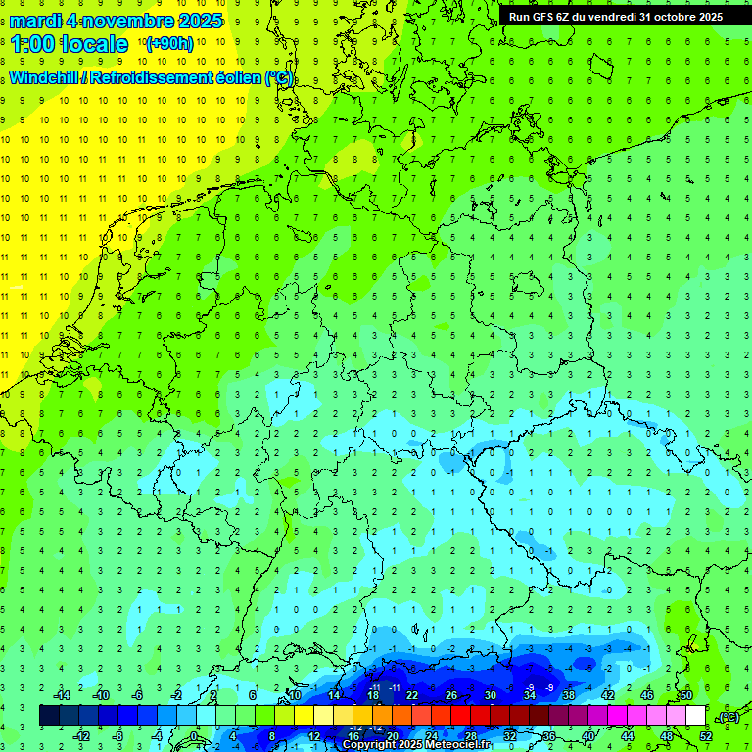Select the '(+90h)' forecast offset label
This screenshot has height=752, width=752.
tap(169, 44)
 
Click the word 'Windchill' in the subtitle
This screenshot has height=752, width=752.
tap(43, 78)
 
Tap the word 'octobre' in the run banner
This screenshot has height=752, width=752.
tap(668, 17)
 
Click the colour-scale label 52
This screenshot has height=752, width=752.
tap(706, 735)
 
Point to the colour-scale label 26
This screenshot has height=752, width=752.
tap(451, 695)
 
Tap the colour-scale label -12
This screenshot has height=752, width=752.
tap(82, 735)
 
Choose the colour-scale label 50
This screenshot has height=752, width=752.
tap(685, 695)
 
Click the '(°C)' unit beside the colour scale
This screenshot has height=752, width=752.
tap(728, 717)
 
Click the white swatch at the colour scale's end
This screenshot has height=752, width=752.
tap(695, 716)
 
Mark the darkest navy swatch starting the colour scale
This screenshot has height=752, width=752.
tap(49, 716)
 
